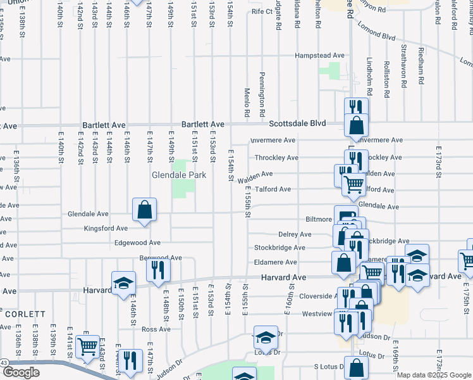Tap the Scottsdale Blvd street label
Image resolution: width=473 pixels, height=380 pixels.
[297, 123]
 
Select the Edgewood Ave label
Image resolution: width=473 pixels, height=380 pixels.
[137, 243]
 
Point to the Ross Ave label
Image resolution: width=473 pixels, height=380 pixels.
[156, 329]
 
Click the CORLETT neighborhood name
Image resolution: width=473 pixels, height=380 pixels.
[25, 313]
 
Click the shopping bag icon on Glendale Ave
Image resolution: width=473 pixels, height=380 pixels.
[145, 208]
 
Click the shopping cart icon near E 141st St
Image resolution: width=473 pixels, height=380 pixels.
[87, 346]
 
